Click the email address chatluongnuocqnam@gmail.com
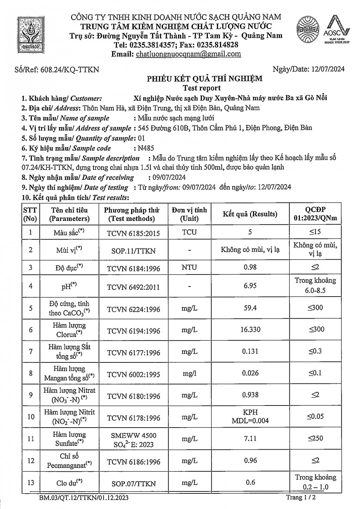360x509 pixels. point(188,54)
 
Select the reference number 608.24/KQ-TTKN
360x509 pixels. point(70,70)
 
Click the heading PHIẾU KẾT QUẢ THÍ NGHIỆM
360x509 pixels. point(204,79)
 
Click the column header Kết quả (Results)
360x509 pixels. point(250,214)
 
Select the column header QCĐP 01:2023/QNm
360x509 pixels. point(316,214)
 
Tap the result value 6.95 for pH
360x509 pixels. point(250,286)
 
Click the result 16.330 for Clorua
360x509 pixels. point(250,329)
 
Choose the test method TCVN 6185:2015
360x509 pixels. point(133,233)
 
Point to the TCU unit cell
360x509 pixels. point(189,232)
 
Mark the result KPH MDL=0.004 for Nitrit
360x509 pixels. point(250,416)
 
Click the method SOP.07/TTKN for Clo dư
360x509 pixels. point(133,484)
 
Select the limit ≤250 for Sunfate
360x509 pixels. point(316,438)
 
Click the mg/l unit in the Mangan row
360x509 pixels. point(189,373)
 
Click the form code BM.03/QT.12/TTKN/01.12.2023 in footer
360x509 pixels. point(84,498)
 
